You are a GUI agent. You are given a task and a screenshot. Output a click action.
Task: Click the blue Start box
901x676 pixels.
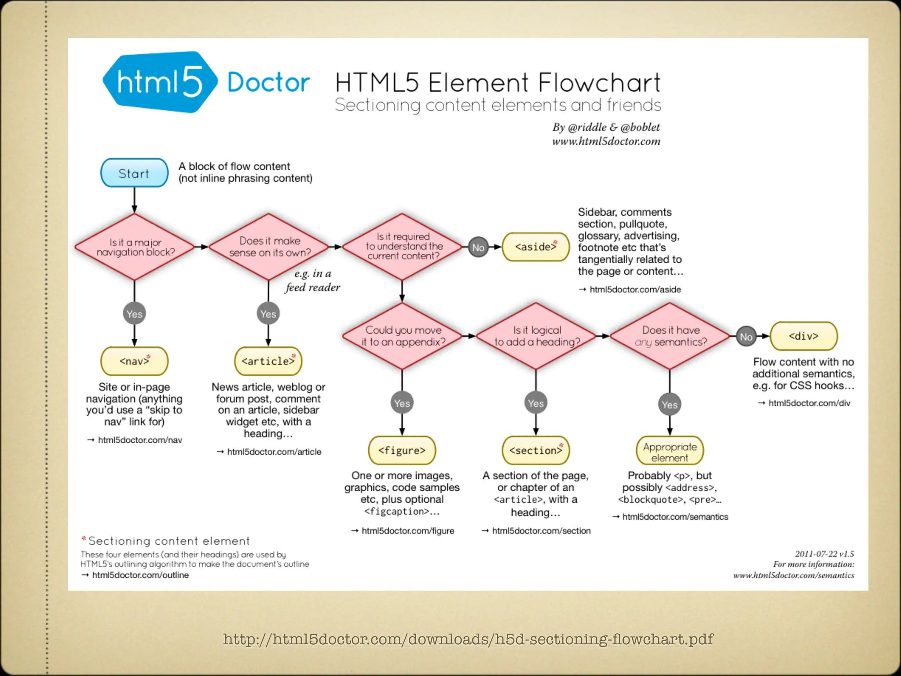tap(134, 173)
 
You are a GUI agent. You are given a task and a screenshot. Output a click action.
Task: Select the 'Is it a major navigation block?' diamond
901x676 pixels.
tap(135, 247)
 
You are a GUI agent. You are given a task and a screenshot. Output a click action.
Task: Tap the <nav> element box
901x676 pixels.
tap(134, 361)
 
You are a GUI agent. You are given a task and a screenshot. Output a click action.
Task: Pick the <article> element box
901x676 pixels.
tap(268, 361)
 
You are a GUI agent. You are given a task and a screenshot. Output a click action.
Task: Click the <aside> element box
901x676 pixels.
tap(535, 247)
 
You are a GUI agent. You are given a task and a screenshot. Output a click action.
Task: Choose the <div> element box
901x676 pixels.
tap(803, 336)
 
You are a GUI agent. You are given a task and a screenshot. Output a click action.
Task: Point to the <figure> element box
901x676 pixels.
tap(402, 450)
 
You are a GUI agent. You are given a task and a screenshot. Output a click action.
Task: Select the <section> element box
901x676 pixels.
tap(535, 450)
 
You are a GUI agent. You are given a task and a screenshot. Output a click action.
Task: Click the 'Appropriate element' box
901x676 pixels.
tap(670, 452)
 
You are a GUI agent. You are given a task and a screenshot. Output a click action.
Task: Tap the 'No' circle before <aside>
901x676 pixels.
tap(478, 247)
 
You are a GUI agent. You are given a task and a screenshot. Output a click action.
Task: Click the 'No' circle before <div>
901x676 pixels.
tap(746, 337)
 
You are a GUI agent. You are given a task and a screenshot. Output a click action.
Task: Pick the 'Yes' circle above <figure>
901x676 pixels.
tap(402, 403)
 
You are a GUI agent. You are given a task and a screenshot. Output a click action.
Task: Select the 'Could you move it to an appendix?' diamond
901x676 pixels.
tap(402, 336)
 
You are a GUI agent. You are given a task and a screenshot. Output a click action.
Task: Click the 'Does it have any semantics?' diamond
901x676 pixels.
tap(670, 336)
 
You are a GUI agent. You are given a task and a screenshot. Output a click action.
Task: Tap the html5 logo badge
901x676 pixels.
tap(159, 82)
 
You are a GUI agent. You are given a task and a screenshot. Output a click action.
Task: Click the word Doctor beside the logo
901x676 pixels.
tap(268, 82)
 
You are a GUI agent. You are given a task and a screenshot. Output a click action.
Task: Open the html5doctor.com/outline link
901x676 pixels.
tap(140, 575)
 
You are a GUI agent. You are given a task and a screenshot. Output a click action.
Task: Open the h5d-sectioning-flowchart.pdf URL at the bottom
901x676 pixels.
tap(468, 639)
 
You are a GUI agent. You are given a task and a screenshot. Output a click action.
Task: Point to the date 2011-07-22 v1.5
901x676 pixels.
tap(824, 554)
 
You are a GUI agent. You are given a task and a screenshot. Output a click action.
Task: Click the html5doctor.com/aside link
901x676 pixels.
tap(635, 289)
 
